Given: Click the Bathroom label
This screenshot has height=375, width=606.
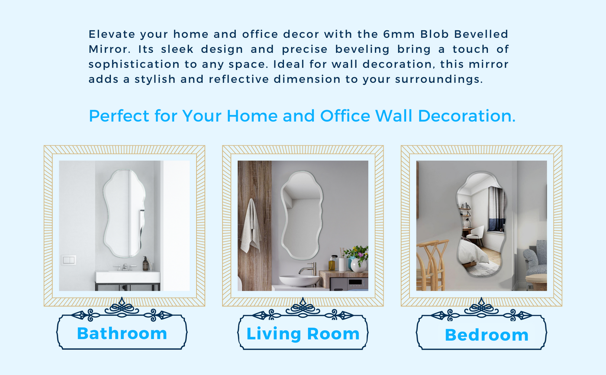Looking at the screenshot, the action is (122, 333).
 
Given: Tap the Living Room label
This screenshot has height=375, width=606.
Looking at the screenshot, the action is (303, 334).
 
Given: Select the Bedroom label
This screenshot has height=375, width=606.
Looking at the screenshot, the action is (487, 335).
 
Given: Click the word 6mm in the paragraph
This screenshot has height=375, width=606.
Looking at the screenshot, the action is (399, 34).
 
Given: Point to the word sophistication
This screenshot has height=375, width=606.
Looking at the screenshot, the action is (134, 65).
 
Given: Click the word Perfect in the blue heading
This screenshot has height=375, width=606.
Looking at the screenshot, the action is (119, 116).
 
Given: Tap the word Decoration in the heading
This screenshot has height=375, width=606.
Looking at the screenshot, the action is (467, 116).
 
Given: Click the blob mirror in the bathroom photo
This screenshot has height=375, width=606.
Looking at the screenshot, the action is (125, 213).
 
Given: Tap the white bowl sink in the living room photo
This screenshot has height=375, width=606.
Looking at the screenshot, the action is (299, 281).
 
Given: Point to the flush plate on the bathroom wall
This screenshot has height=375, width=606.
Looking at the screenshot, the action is (68, 260).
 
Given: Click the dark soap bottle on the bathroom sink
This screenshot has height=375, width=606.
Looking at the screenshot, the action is (145, 264).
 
